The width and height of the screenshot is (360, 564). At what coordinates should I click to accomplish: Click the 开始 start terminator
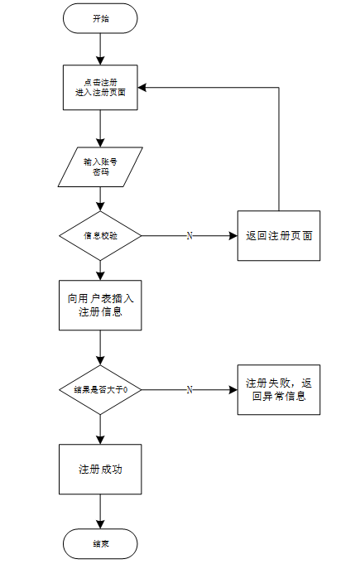point(100,19)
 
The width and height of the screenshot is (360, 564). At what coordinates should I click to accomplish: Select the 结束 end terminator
point(100,543)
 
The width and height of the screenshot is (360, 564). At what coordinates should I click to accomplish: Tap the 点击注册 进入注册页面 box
point(100,88)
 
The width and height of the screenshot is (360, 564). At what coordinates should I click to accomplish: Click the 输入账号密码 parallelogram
point(100,167)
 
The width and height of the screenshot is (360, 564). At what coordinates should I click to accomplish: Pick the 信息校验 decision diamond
point(100,235)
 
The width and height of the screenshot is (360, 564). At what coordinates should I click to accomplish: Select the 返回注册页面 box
point(279,235)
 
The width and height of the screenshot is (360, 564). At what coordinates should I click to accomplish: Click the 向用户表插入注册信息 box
point(100,306)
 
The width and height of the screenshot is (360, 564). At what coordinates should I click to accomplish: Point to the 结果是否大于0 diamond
point(100,389)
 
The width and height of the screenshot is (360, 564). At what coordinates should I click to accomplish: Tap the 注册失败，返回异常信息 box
point(279,389)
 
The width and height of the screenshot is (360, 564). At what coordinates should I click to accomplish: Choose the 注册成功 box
point(100,469)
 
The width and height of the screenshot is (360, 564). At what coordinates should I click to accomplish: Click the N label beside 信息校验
point(190,235)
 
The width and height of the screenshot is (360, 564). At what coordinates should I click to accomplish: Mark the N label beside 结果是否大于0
point(190,389)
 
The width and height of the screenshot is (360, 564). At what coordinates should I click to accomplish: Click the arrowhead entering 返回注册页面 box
point(233,235)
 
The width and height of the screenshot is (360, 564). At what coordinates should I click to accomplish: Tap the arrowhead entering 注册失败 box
point(233,389)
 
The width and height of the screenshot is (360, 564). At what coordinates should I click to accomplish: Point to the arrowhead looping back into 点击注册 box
point(142,88)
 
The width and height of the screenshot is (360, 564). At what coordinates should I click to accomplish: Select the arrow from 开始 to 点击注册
point(100,50)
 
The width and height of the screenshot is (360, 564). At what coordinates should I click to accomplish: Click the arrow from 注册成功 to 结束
point(100,511)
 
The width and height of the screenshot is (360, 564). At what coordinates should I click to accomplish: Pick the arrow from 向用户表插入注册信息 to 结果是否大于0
point(100,348)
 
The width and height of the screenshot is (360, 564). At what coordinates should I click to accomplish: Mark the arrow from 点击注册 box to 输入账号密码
point(100,128)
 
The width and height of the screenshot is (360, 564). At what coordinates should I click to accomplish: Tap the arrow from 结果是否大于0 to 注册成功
point(100,430)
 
